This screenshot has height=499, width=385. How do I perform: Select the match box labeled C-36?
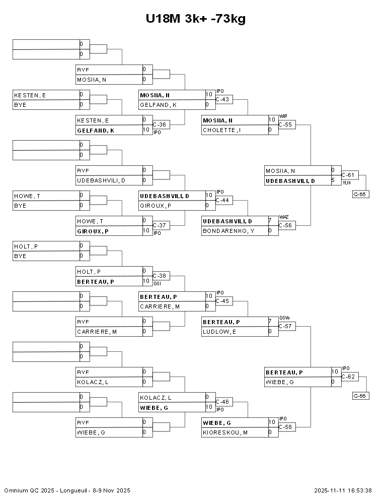pos(160,124)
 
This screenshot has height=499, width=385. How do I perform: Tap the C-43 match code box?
pos(223,99)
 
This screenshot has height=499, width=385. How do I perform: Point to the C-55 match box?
pos(286,124)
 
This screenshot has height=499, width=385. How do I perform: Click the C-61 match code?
pos(349,175)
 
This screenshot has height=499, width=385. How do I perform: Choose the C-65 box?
pos(360,194)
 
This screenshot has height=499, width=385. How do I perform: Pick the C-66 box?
pos(360,396)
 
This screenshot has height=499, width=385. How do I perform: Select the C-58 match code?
pos(286,427)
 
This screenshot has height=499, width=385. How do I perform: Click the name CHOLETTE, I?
pos(222,130)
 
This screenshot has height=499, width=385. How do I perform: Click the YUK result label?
pos(346,183)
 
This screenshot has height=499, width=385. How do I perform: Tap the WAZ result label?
pos(283,217)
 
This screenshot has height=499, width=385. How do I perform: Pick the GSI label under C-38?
pos(157,284)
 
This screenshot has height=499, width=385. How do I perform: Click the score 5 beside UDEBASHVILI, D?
pos(333,180)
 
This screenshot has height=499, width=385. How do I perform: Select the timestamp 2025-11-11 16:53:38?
pos(343,490)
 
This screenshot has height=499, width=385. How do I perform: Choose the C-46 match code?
pos(223,402)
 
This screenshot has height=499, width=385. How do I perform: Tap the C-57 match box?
pos(286,326)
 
